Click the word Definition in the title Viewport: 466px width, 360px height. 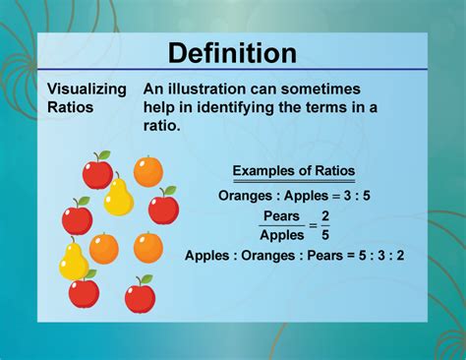pyautogui.click(x=232, y=52)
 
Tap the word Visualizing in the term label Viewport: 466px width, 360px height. pyautogui.click(x=87, y=90)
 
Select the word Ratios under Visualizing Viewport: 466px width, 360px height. pyautogui.click(x=72, y=106)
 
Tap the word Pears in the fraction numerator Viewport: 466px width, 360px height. pyautogui.click(x=280, y=216)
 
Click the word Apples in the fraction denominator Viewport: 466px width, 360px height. pyautogui.click(x=281, y=235)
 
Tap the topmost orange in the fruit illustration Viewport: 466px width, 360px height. pyautogui.click(x=148, y=171)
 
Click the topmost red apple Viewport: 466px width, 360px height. pyautogui.click(x=97, y=173)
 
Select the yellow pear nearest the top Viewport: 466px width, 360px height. pyautogui.click(x=119, y=197)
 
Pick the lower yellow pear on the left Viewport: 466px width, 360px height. pyautogui.click(x=73, y=261)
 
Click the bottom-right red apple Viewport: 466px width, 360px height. pyautogui.click(x=140, y=295)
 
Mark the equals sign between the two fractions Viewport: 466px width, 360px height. pyautogui.click(x=312, y=225)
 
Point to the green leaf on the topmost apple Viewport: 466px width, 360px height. pyautogui.click(x=104, y=155)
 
